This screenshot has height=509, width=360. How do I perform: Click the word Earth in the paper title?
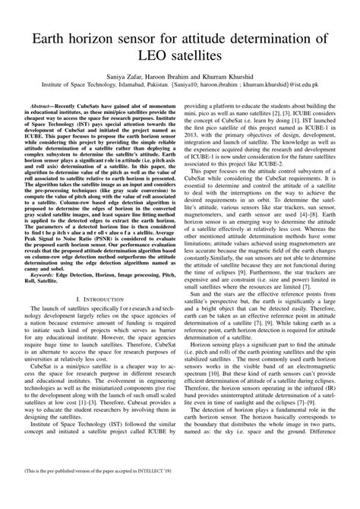point(53,38)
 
